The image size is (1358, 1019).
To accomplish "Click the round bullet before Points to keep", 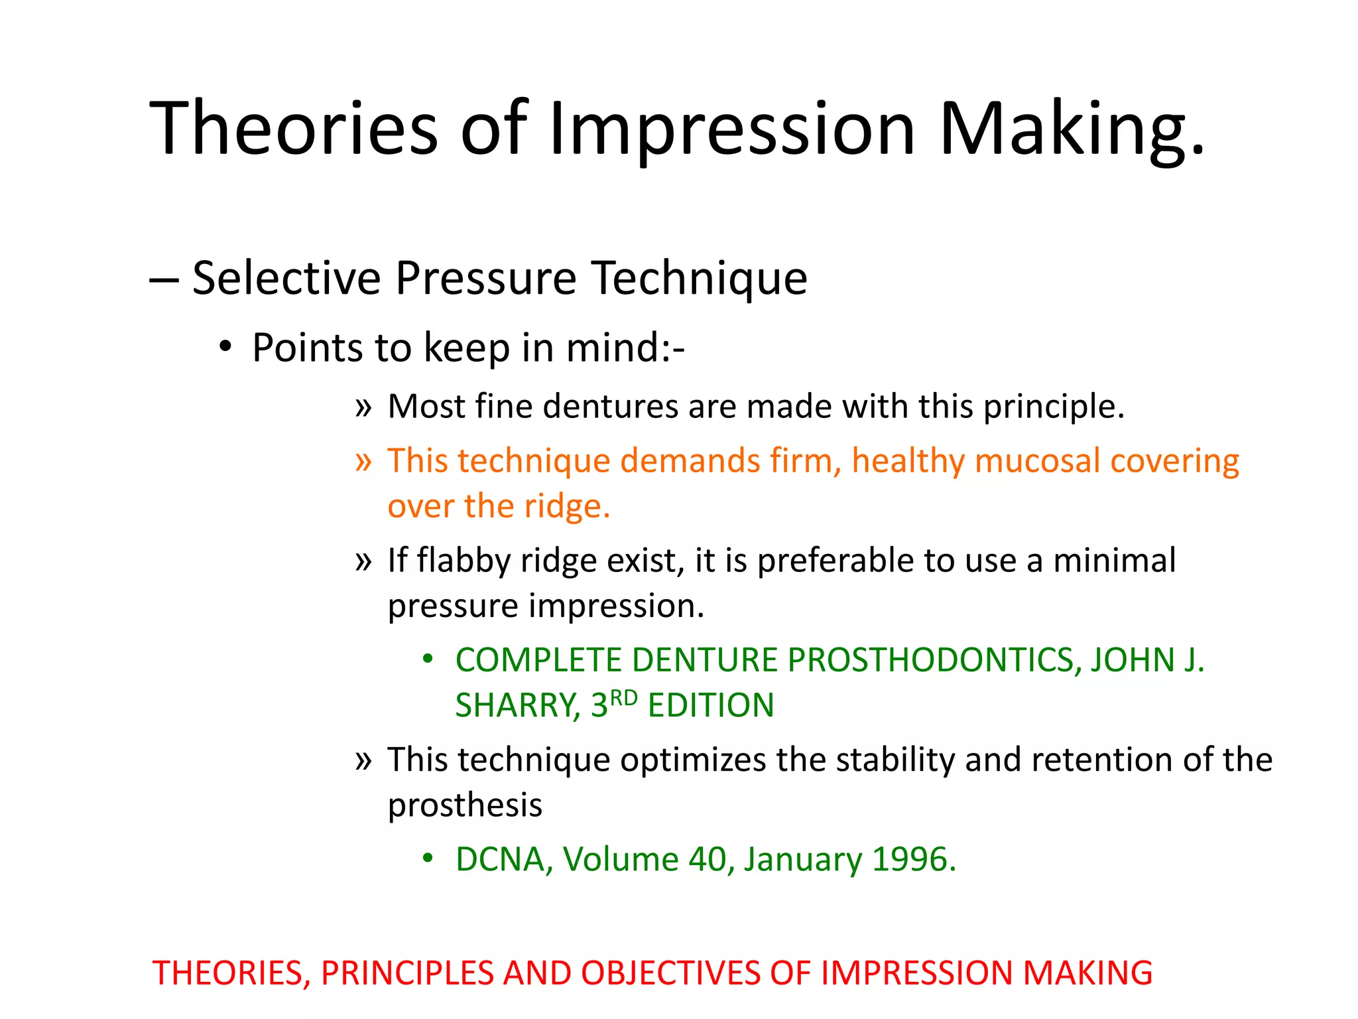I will (x=226, y=347).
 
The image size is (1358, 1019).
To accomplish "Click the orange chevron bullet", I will (x=363, y=460).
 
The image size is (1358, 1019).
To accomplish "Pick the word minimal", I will (x=1114, y=561).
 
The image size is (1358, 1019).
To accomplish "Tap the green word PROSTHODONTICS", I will (x=935, y=660).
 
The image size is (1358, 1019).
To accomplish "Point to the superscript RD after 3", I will (x=623, y=697).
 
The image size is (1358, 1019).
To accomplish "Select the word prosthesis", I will (x=465, y=805).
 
